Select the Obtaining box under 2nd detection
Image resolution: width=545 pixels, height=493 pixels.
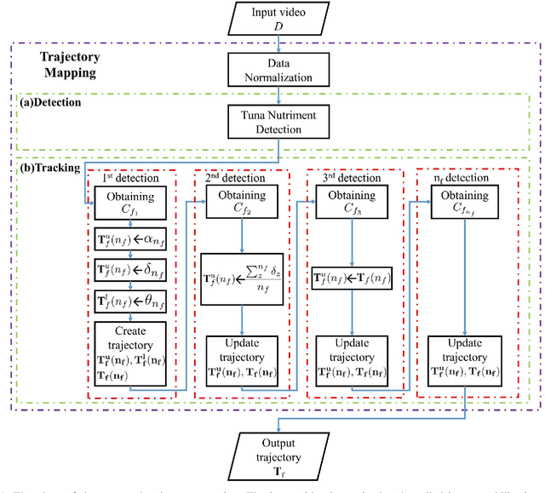pos(241,203)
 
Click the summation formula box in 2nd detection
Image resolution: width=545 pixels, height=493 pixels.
pos(242,275)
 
